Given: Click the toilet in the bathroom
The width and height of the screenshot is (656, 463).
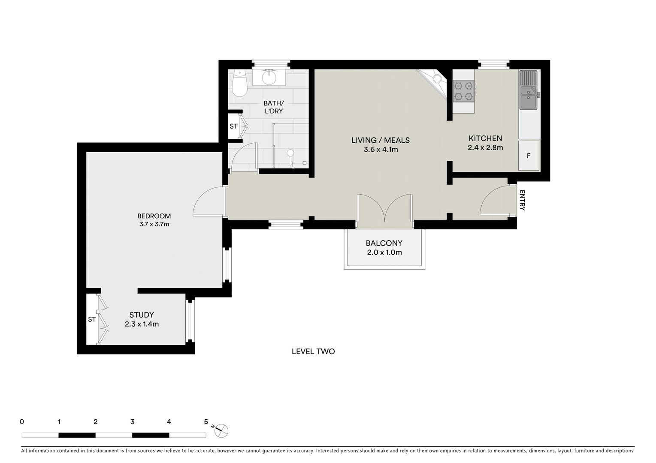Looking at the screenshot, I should pyautogui.click(x=239, y=84).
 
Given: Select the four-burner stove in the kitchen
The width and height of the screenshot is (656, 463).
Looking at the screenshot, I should pyautogui.click(x=464, y=91).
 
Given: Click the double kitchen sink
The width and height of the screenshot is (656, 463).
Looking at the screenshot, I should pyautogui.click(x=528, y=90).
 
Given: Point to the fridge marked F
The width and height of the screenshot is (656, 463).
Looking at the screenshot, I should pyautogui.click(x=529, y=156).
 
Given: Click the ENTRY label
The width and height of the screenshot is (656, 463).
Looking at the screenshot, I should pyautogui.click(x=522, y=200).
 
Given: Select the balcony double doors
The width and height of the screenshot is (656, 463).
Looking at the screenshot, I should pyautogui.click(x=385, y=208).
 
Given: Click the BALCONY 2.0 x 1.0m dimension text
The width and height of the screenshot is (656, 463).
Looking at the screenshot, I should pyautogui.click(x=384, y=253).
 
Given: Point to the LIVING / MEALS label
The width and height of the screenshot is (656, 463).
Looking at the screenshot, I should pyautogui.click(x=381, y=140).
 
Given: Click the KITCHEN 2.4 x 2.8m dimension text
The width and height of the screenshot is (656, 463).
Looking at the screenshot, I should pyautogui.click(x=485, y=148).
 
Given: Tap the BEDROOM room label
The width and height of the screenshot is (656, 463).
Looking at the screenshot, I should pyautogui.click(x=154, y=216).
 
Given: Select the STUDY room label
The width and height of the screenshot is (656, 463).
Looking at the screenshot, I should pyautogui.click(x=142, y=315).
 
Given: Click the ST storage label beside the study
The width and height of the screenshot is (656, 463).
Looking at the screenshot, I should pyautogui.click(x=92, y=319).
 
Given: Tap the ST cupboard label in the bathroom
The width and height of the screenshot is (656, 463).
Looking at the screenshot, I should pyautogui.click(x=233, y=126).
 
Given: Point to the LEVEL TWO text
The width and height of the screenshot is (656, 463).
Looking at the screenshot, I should pyautogui.click(x=313, y=352).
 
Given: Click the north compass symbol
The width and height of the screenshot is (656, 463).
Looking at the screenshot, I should pyautogui.click(x=221, y=430).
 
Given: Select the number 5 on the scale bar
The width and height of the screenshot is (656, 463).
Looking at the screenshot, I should pyautogui.click(x=206, y=422).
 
